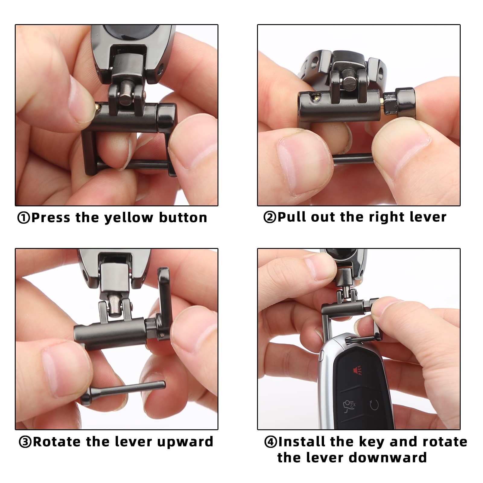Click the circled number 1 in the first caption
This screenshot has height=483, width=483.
pos(24,218)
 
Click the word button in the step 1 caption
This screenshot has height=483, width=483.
pos(183,218)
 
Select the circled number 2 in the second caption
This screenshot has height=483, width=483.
pos(270,217)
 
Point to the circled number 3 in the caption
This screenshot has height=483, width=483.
pos(25,442)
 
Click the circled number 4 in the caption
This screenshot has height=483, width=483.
pos(271,442)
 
